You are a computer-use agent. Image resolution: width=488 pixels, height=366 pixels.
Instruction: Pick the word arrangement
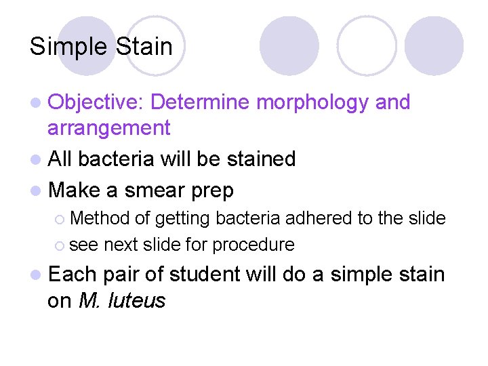click(x=108, y=127)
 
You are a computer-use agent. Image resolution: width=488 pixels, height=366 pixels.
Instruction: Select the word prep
click(x=211, y=191)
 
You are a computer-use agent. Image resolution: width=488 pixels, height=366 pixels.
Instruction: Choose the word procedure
click(x=253, y=245)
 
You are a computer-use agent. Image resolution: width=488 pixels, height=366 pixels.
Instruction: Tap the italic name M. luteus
click(x=122, y=300)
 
